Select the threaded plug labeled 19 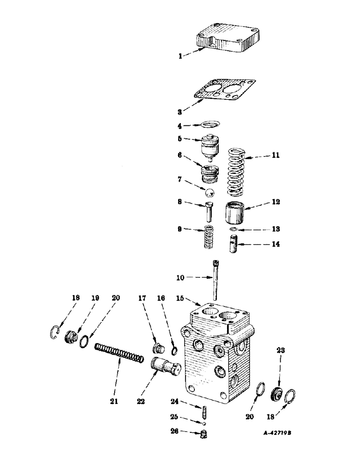[70, 336]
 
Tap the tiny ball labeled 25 [204, 424]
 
